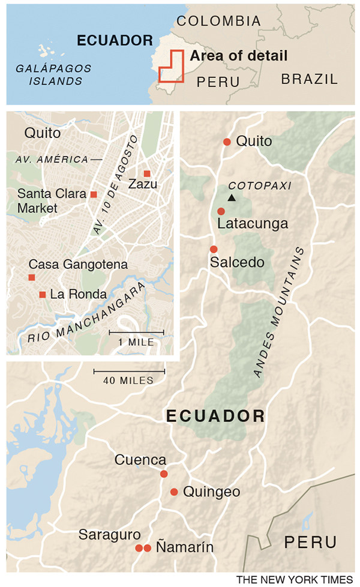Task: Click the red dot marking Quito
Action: point(227,142)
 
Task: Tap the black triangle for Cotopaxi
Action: point(231,197)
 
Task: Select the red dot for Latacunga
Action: point(221,211)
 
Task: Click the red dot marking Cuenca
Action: point(164,474)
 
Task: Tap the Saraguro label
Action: point(109,534)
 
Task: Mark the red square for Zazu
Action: point(147,173)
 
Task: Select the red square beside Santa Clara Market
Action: point(94,194)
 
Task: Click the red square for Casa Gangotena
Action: point(32,277)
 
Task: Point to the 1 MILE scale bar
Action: point(136,332)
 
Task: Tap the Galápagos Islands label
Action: point(54,74)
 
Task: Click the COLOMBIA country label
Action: point(218,21)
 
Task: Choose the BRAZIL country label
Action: point(310,79)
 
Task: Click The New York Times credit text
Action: point(295,579)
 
